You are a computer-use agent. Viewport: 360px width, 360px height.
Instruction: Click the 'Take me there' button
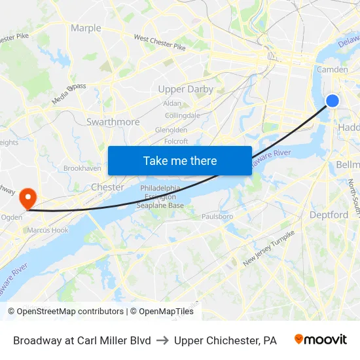[180, 160]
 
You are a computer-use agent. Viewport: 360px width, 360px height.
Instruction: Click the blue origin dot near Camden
[333, 100]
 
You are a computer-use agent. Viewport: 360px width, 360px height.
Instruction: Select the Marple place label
[86, 28]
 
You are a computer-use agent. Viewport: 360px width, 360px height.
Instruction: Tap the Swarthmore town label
[113, 122]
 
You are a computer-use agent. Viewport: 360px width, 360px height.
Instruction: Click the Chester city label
[107, 187]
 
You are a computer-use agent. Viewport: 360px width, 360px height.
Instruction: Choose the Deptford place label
[329, 215]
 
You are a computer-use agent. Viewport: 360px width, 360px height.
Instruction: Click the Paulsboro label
[217, 216]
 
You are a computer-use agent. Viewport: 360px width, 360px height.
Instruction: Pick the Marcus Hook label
[47, 230]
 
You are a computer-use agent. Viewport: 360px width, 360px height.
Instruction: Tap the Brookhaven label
[82, 168]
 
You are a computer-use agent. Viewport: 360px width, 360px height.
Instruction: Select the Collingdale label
[183, 115]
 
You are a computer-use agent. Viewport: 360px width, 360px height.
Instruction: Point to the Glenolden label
[171, 130]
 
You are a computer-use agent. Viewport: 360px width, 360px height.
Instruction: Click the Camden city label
[332, 69]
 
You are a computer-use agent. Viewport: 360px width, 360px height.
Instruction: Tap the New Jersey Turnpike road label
[268, 248]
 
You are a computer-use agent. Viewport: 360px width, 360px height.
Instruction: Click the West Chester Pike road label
[160, 43]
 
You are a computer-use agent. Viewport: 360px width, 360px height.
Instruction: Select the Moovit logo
[320, 340]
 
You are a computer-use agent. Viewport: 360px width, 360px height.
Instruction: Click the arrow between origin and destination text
[162, 340]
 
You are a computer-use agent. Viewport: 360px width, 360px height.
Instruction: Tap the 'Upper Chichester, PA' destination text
[225, 340]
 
